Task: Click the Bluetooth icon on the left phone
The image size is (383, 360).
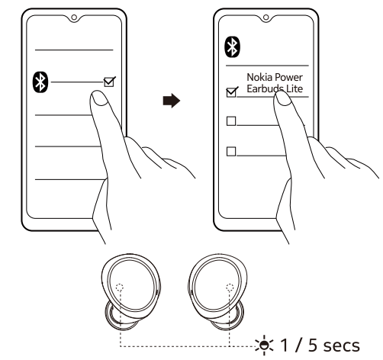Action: pos(40,82)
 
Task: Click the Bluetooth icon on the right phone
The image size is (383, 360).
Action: pos(232,47)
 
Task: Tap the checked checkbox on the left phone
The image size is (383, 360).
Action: pos(109,82)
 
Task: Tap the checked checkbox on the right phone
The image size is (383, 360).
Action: pos(232,92)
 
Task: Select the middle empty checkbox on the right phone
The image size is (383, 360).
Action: pos(231,121)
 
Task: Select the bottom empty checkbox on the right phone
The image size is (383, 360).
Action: pos(231,151)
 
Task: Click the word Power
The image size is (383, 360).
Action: pos(289,77)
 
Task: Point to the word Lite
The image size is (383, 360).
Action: pos(294,88)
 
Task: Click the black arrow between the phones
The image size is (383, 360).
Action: pos(172,101)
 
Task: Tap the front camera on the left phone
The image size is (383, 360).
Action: pos(74,18)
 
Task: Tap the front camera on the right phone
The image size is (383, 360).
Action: pos(266,18)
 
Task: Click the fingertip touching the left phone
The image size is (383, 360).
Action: pos(99,98)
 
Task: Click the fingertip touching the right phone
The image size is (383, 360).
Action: pos(282,98)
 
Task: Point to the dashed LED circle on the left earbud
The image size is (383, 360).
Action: pos(120,288)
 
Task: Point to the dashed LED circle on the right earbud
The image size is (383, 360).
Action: pos(230,288)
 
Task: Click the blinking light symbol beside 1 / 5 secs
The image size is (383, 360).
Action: pos(265,346)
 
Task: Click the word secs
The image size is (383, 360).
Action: pos(342,346)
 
